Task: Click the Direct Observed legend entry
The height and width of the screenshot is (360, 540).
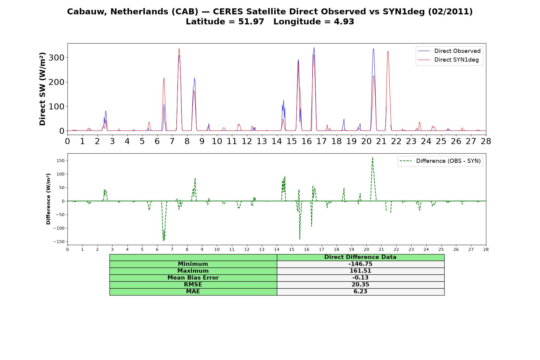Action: click(x=449, y=51)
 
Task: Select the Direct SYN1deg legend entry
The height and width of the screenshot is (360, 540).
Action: click(x=448, y=60)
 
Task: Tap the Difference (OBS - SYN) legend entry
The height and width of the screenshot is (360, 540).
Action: click(x=440, y=161)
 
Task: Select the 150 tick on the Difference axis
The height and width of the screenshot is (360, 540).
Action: click(x=61, y=160)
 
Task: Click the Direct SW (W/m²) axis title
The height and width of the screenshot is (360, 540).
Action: click(x=42, y=89)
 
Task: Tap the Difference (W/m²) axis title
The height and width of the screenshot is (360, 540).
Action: click(x=48, y=199)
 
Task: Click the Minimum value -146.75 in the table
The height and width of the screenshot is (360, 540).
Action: click(x=360, y=264)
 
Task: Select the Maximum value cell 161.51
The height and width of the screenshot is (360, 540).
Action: click(x=360, y=271)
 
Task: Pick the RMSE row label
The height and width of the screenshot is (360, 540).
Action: click(x=193, y=285)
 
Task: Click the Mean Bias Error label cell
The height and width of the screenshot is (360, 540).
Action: click(x=193, y=278)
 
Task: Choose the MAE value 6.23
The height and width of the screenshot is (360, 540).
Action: click(x=360, y=292)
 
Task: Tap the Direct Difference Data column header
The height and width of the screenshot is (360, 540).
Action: click(x=360, y=257)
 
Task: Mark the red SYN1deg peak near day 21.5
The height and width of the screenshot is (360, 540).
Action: click(x=388, y=51)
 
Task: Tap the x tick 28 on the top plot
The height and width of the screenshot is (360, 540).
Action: click(x=486, y=141)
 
